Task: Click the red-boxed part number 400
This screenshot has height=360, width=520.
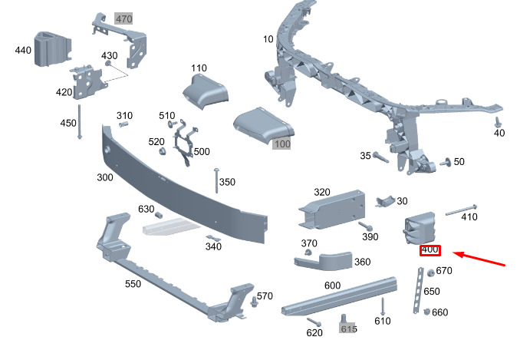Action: click(429, 250)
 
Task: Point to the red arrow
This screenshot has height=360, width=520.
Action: click(480, 259)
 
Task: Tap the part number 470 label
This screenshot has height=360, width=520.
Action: click(123, 17)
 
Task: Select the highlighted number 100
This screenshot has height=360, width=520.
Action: click(282, 144)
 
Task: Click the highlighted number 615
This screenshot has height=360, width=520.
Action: click(349, 329)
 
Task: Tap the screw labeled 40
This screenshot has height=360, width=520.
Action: click(498, 122)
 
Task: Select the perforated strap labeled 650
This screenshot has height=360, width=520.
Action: click(417, 289)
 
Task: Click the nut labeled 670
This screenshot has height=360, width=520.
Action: click(430, 272)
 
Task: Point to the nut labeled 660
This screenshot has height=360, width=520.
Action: click(427, 312)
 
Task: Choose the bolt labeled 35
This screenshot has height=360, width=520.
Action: click(381, 158)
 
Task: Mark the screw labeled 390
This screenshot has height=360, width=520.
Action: click(365, 227)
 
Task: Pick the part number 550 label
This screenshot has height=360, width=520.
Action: click(133, 284)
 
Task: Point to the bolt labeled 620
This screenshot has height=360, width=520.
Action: click(314, 321)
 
